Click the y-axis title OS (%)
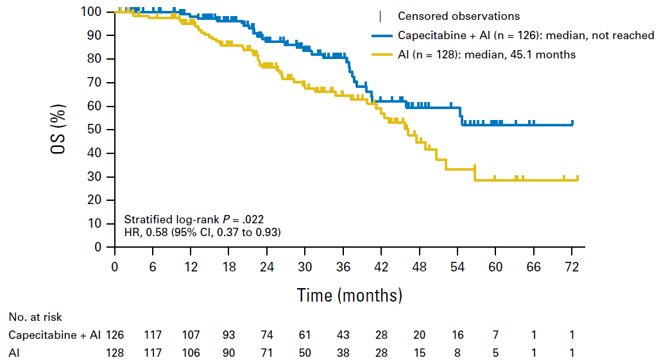[x=58, y=130]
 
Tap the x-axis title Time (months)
[x=350, y=295]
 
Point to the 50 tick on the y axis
[x=110, y=130]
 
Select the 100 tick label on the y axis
[x=91, y=12]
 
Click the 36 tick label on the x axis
[x=343, y=267]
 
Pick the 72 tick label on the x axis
[x=572, y=267]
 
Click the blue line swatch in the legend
[x=382, y=36]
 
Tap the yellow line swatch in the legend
[x=382, y=55]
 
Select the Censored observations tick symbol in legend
[x=381, y=17]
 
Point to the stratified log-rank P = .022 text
[x=194, y=219]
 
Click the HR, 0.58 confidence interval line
[x=202, y=232]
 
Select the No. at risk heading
[x=35, y=317]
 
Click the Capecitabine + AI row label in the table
[x=55, y=335]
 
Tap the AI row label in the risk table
[x=14, y=353]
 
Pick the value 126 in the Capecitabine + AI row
[x=115, y=335]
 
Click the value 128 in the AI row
[x=115, y=353]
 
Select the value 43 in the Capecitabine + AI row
[x=343, y=335]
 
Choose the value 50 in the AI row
[x=305, y=353]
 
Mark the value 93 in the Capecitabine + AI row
[x=228, y=335]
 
